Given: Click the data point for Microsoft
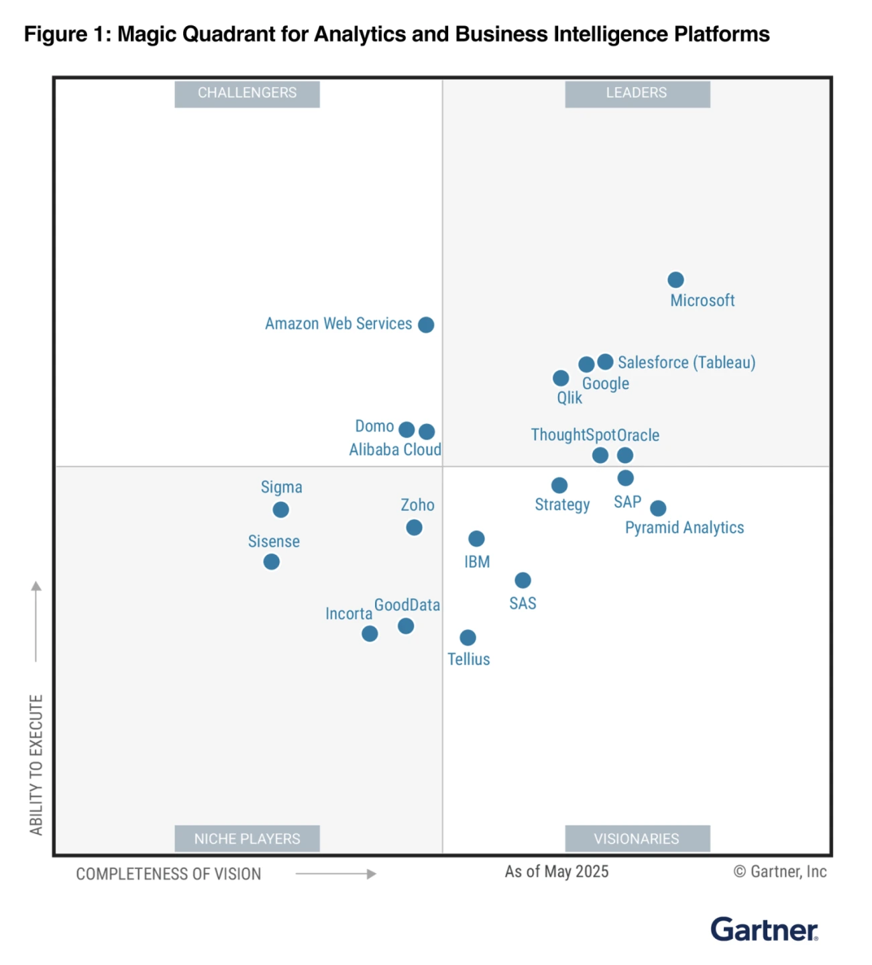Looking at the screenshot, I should pyautogui.click(x=675, y=280).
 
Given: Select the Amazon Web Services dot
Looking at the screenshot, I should pyautogui.click(x=426, y=325).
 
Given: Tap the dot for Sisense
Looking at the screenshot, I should pyautogui.click(x=272, y=562).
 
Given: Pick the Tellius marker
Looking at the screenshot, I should pyautogui.click(x=468, y=638).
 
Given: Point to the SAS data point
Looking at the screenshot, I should pyautogui.click(x=523, y=580).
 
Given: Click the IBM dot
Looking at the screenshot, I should pyautogui.click(x=476, y=538).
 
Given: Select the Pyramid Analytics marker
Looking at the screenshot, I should pyautogui.click(x=658, y=508).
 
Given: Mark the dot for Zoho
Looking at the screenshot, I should pyautogui.click(x=414, y=527).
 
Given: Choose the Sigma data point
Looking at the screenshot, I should pyautogui.click(x=281, y=510).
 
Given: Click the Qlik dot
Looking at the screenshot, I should pyautogui.click(x=561, y=378).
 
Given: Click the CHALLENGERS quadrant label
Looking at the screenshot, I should pyautogui.click(x=247, y=93).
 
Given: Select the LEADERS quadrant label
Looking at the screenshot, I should pyautogui.click(x=637, y=93).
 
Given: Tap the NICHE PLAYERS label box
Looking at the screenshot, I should pyautogui.click(x=247, y=839).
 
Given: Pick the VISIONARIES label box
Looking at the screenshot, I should pyautogui.click(x=637, y=839).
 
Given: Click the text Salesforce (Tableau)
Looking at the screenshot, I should pyautogui.click(x=686, y=362).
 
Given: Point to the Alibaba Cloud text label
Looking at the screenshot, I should pyautogui.click(x=395, y=450).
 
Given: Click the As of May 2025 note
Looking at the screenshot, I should pyautogui.click(x=557, y=872).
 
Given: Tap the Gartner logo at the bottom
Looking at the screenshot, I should pyautogui.click(x=764, y=930).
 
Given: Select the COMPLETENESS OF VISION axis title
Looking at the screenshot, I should pyautogui.click(x=168, y=874).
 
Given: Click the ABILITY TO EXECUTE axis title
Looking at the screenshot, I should pyautogui.click(x=36, y=764).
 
